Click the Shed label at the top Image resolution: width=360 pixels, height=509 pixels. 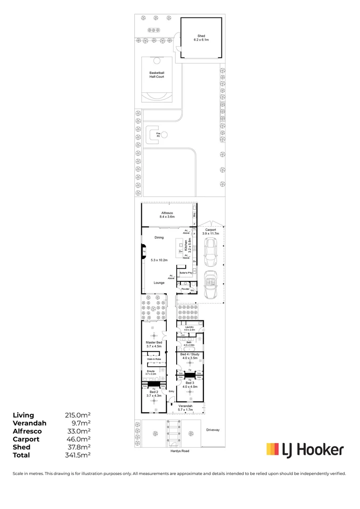tap(201, 36)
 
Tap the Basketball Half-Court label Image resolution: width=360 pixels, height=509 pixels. tap(157, 74)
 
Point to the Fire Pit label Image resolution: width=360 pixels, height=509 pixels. tap(152, 135)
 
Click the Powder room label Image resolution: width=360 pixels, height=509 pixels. tap(186, 289)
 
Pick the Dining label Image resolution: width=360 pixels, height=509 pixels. tap(159, 238)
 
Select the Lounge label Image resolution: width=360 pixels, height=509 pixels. tap(159, 283)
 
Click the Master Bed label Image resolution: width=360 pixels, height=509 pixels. tap(154, 343)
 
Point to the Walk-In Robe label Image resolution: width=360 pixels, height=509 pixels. tap(154, 359)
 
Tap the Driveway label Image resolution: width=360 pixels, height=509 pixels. tap(213, 430)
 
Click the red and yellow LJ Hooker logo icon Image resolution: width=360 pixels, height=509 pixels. tap(272, 450)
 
